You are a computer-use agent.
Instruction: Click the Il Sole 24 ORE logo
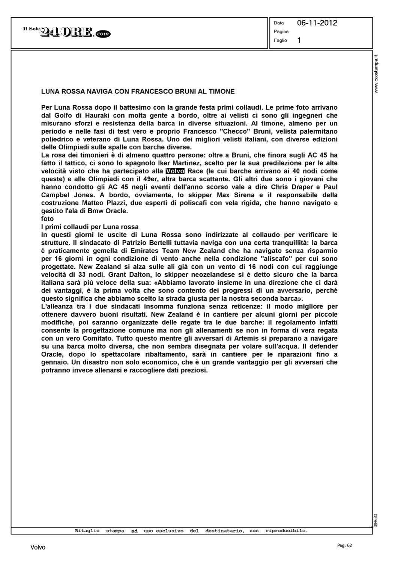point(67,33)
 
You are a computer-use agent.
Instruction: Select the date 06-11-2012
point(317,23)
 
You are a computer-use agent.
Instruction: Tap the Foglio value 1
point(299,40)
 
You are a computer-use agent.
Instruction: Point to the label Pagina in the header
point(281,32)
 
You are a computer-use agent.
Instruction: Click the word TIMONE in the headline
point(222,91)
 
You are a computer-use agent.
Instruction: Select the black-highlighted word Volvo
point(174,171)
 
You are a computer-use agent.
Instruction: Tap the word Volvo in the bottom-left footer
point(38,548)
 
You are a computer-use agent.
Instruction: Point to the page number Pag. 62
point(345,545)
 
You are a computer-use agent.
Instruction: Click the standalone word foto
point(47,219)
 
